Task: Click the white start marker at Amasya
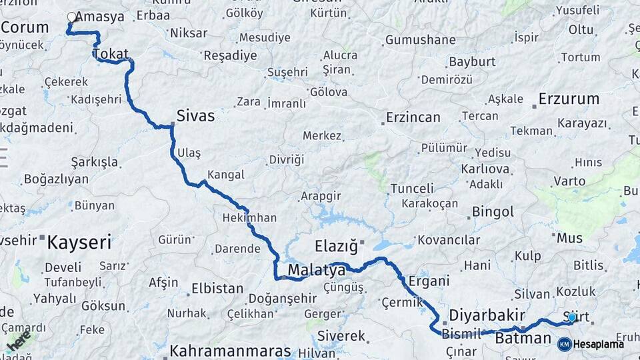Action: (x=71, y=17)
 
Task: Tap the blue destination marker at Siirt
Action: (x=571, y=317)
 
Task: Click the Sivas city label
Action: (x=195, y=116)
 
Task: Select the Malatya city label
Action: (x=317, y=271)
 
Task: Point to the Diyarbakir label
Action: (x=487, y=315)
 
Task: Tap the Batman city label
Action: (x=523, y=339)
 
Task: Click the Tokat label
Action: (x=111, y=54)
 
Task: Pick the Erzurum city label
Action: (x=569, y=99)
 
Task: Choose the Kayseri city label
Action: (x=79, y=242)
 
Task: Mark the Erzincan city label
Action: (x=413, y=118)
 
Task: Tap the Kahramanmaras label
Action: (x=230, y=351)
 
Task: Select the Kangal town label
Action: (x=226, y=175)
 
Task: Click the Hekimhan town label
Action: (x=249, y=218)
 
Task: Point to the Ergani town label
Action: (x=429, y=281)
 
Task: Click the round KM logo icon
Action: (x=564, y=344)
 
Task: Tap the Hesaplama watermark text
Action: (x=599, y=344)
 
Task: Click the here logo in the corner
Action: (x=18, y=341)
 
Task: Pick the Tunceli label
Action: (x=412, y=189)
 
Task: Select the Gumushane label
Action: (x=421, y=40)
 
